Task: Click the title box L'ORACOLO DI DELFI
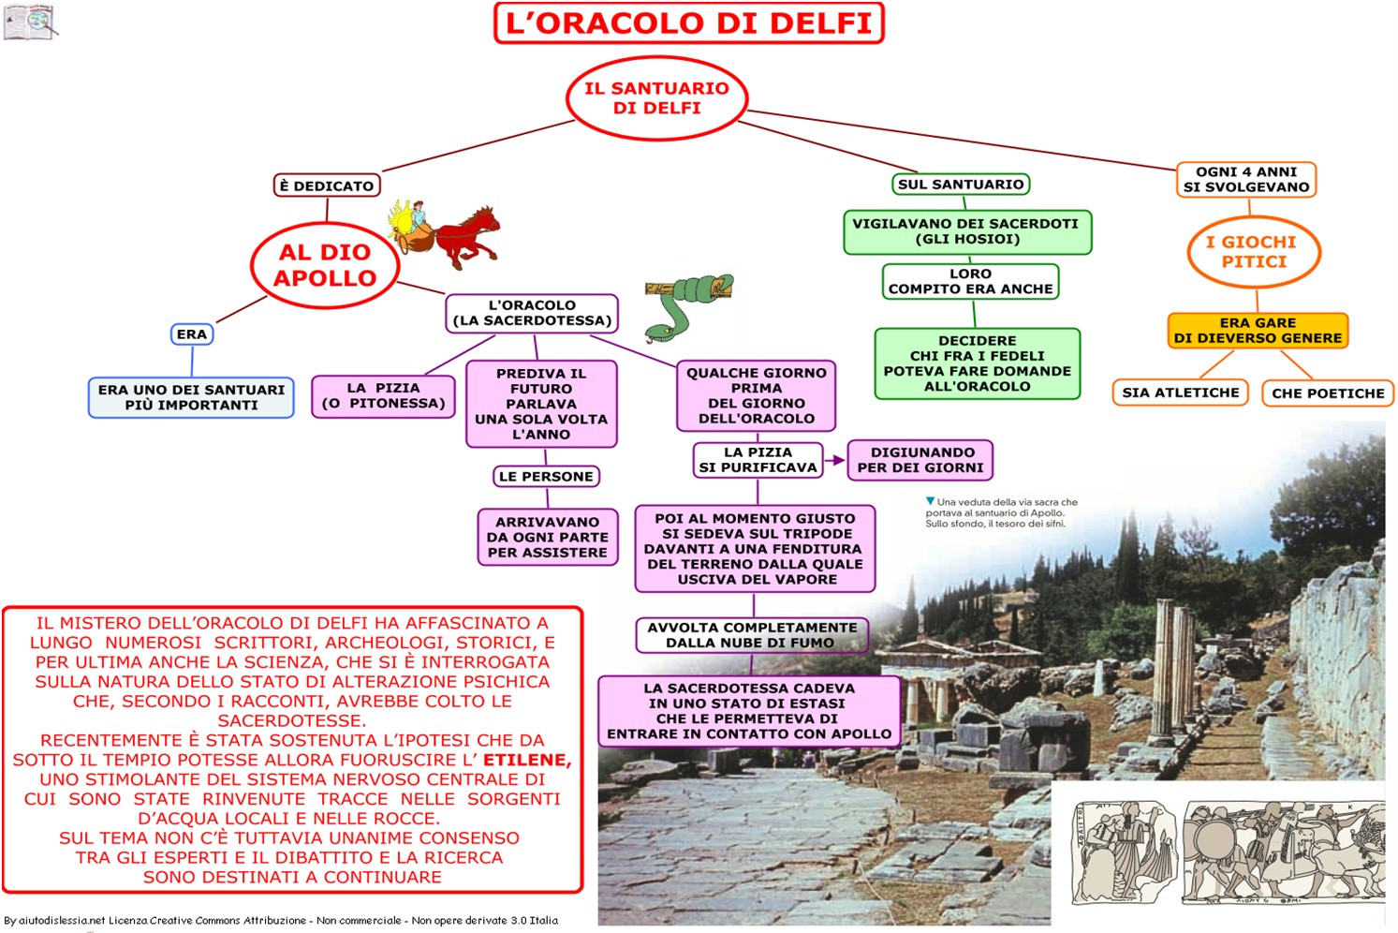coord(688,23)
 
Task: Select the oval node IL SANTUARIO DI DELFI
coord(657,98)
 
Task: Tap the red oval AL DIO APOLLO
coord(325,265)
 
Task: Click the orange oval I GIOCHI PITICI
coord(1254,252)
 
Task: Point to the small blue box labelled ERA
coord(192,334)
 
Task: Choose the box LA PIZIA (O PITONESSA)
coord(383,395)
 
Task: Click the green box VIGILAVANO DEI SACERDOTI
coord(967,231)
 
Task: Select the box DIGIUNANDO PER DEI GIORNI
coord(920,460)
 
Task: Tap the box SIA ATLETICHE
coord(1181,392)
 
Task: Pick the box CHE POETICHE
coord(1328,393)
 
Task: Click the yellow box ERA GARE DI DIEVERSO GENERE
coord(1258,331)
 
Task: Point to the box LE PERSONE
coord(546,477)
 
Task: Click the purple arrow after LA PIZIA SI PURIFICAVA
coord(835,460)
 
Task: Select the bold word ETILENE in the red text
coord(526,760)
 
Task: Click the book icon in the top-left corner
coord(29,21)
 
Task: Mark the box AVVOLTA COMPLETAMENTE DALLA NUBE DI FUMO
coord(752,635)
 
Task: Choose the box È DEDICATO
coord(326,185)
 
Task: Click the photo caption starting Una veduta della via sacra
coord(1002,512)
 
